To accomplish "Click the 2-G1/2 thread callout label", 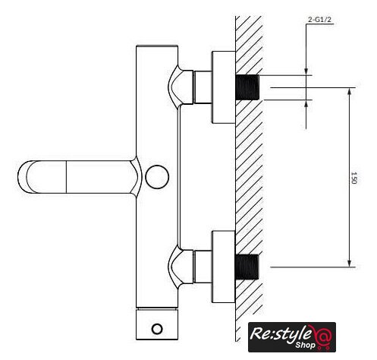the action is (319, 20).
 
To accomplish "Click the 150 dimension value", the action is (353, 178).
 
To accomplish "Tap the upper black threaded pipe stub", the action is (247, 87).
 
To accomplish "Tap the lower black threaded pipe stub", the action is (247, 267).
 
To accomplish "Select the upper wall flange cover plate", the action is (224, 87).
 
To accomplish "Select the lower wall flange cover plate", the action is (224, 267).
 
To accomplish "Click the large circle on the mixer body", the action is (157, 177).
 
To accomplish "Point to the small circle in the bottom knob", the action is (157, 329).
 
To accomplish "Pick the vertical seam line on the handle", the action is (66, 177).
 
